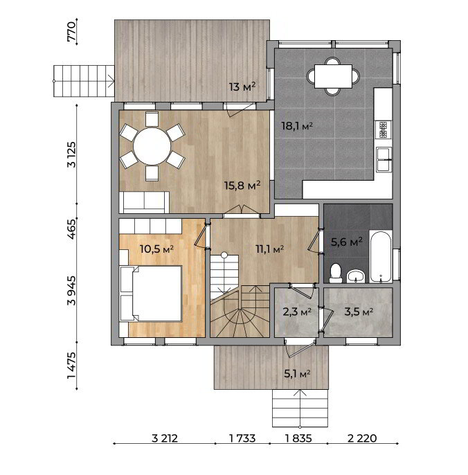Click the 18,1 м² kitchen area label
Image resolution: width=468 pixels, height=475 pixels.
coord(297,126)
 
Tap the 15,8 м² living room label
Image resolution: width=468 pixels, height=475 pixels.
coord(242,185)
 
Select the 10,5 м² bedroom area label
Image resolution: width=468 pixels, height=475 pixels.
coord(156,249)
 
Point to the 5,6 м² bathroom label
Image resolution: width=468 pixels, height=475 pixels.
coord(347,242)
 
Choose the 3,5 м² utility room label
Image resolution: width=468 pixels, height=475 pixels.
coord(359,312)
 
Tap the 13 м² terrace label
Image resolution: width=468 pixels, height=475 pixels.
coord(242,87)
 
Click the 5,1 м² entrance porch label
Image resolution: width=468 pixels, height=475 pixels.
coord(297,374)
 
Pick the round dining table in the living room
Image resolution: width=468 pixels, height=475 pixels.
coord(152,146)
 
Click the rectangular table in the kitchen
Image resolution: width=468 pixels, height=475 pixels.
coord(333,76)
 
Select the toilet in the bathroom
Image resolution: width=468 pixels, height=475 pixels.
coord(335,274)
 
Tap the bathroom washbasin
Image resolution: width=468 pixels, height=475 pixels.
coord(357,276)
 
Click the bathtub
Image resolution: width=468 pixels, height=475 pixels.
coord(381,257)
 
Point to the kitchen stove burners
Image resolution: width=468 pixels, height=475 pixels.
coord(383,129)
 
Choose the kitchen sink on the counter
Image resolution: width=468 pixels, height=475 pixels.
coord(384,159)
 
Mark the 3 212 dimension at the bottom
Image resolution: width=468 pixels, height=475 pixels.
coord(165,438)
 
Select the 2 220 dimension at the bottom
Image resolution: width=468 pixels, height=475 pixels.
coord(362,438)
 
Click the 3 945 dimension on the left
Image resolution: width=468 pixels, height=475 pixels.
coord(72,290)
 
